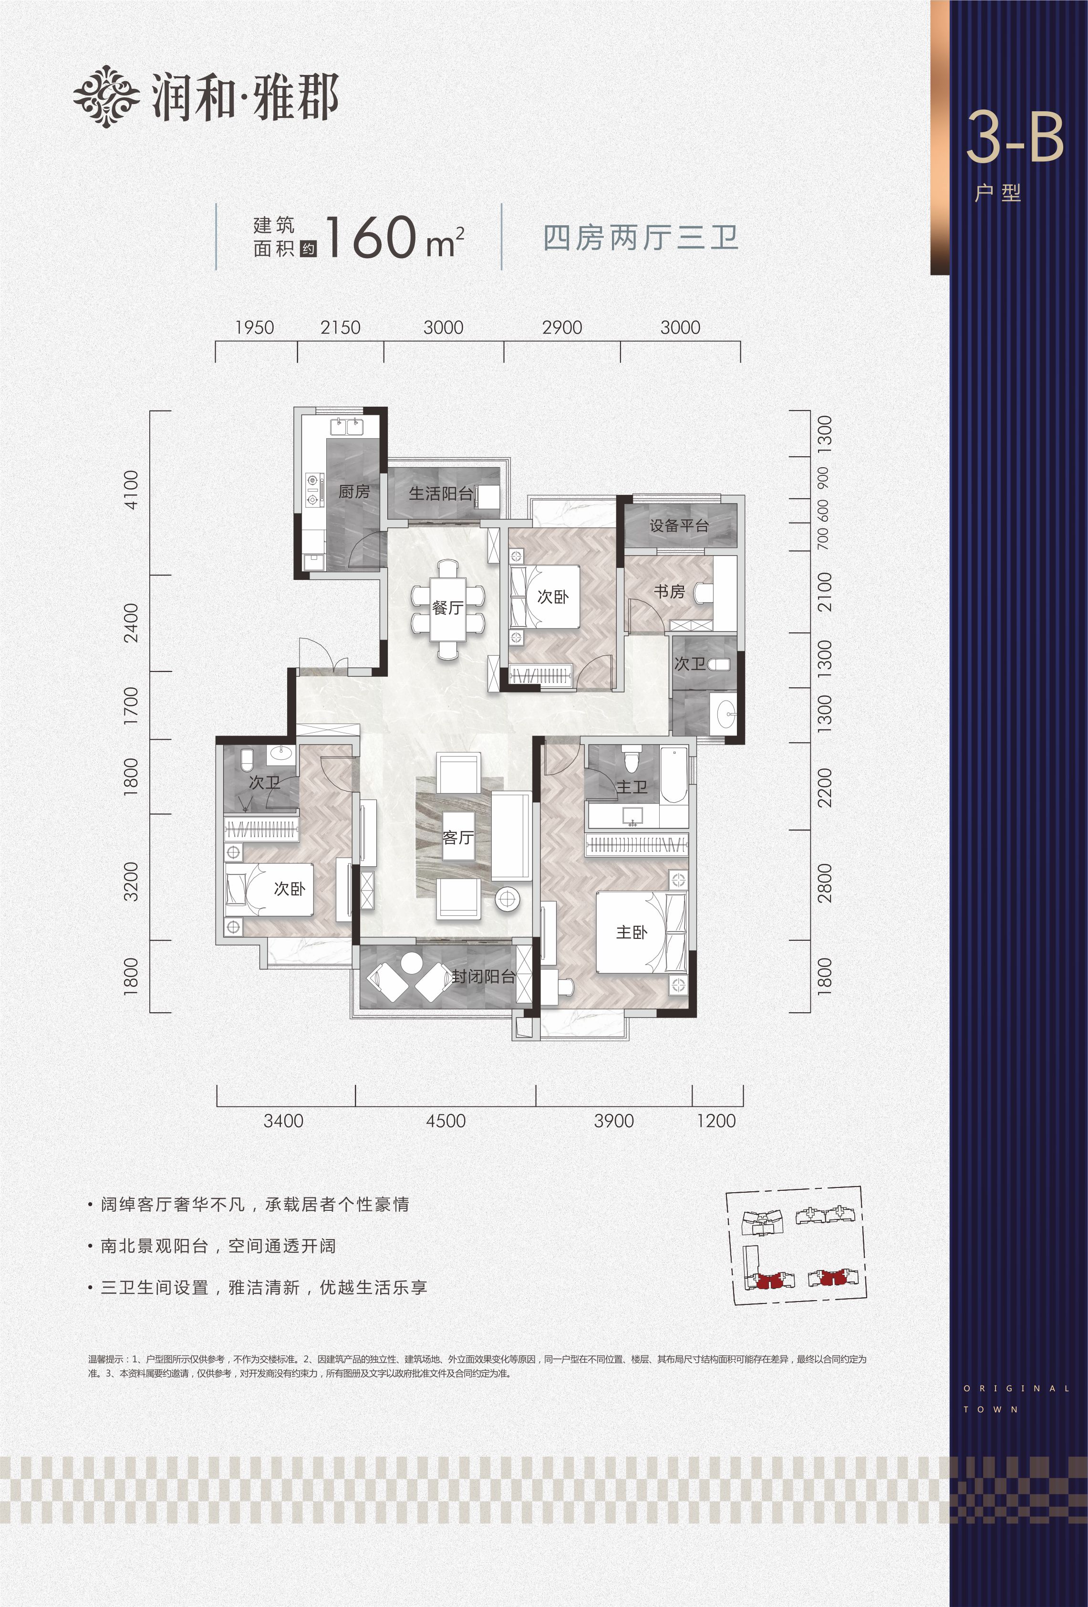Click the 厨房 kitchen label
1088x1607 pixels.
point(354,492)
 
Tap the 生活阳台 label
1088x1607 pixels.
point(441,493)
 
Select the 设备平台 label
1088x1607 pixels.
point(679,525)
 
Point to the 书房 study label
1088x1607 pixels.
point(669,591)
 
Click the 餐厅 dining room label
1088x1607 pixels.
point(447,608)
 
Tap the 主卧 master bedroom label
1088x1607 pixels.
point(632,932)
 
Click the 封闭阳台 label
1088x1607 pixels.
point(484,977)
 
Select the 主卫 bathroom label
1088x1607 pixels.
point(632,787)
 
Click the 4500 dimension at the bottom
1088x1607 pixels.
point(446,1121)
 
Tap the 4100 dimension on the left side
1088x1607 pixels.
point(131,490)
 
